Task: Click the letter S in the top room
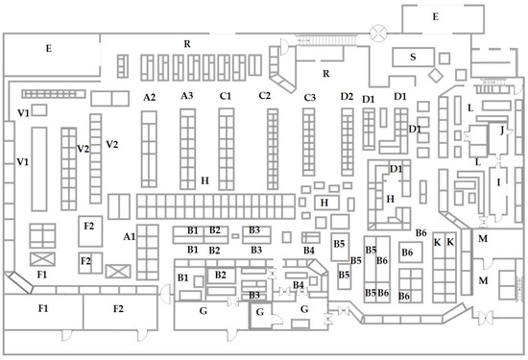pos(413,57)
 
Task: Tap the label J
pos(502,130)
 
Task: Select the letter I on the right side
pos(498,182)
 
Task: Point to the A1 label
pos(130,237)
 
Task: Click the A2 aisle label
pos(149,97)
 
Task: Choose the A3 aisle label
pos(187,96)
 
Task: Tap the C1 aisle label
pos(226,96)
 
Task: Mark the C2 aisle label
pos(265,96)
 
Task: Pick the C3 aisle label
pos(310,98)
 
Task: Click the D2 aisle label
pos(347,97)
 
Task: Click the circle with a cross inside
pos(378,34)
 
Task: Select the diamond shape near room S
pos(436,75)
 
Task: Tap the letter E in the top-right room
pos(436,17)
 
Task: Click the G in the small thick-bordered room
pos(259,313)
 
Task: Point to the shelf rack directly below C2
pos(273,149)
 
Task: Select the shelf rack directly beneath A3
pos(187,149)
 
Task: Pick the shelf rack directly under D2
pos(348,142)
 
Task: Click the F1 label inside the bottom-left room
pos(43,308)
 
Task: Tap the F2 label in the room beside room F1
pos(118,309)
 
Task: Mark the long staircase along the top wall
pos(326,39)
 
